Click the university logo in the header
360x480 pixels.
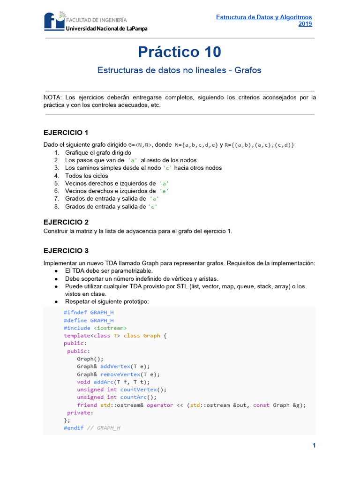55,22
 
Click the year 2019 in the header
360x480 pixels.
305,24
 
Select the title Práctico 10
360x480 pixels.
180,52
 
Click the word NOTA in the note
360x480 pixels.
52,97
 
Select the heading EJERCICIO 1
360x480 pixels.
66,132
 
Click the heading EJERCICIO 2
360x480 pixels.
66,222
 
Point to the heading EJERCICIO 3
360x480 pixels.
66,250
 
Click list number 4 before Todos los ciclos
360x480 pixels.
57,176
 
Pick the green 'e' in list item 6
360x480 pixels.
164,191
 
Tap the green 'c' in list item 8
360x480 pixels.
153,207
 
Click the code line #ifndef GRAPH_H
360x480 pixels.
89,313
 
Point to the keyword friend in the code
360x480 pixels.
87,405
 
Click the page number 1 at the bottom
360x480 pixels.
314,446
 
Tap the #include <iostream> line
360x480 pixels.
95,328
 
